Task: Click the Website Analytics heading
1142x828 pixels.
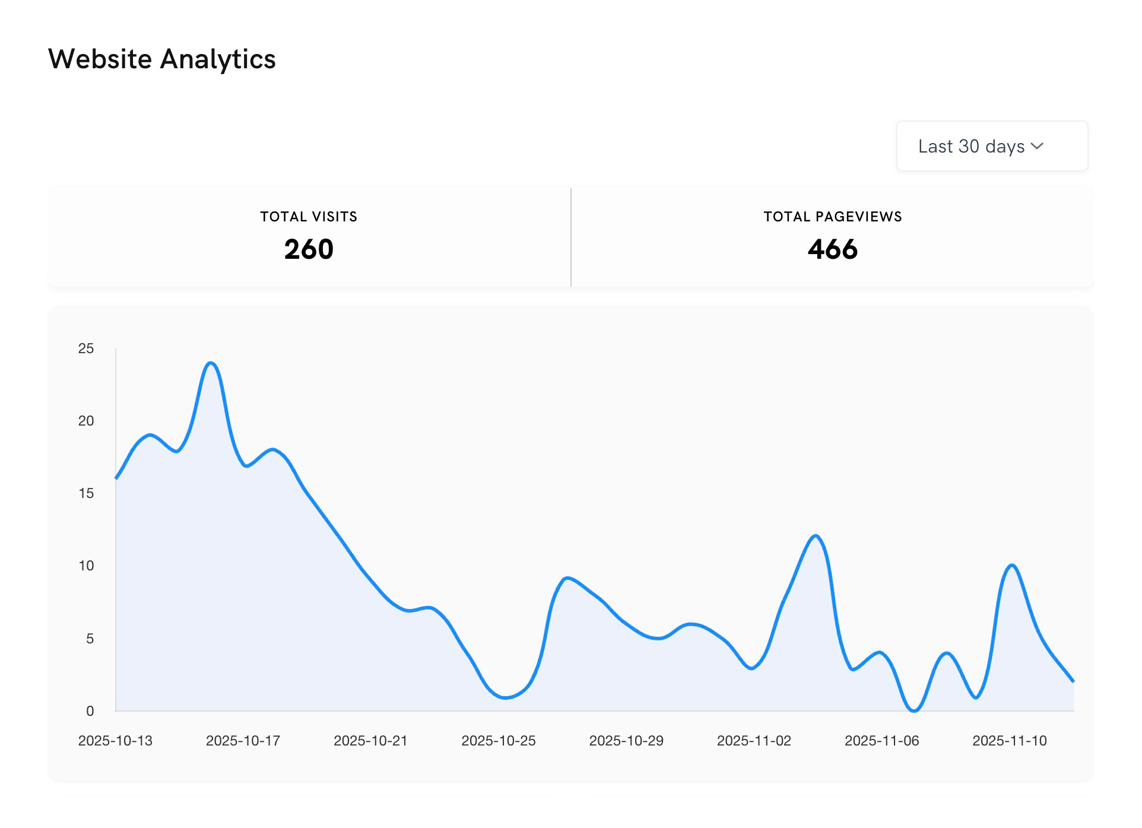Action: point(162,59)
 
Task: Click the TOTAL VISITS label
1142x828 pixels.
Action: point(309,217)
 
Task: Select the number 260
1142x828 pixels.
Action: point(309,249)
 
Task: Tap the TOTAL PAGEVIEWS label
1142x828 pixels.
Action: point(832,217)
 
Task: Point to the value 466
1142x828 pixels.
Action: point(832,249)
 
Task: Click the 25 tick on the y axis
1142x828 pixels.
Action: point(86,348)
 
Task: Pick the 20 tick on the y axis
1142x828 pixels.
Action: point(86,421)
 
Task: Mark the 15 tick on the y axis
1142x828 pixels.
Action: point(86,493)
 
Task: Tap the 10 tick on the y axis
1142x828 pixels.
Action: point(86,566)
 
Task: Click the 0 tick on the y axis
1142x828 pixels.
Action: point(90,710)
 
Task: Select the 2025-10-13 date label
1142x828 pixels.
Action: point(115,741)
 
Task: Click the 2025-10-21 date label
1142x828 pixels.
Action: point(370,741)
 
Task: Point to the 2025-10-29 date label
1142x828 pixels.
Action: point(626,741)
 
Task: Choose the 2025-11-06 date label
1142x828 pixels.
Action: point(881,741)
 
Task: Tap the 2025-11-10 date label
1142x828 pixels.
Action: point(1009,741)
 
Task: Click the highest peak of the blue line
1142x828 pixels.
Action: point(211,363)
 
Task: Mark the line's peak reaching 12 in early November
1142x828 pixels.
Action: point(816,536)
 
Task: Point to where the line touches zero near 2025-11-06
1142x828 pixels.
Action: point(913,710)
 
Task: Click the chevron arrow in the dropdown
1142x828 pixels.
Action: point(1037,146)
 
